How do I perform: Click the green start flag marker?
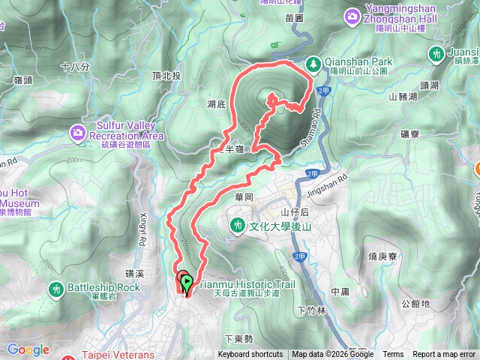pyautogui.click(x=186, y=283)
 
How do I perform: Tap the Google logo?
pyautogui.click(x=28, y=349)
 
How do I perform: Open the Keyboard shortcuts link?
pyautogui.click(x=250, y=355)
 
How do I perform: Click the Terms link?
pyautogui.click(x=392, y=355)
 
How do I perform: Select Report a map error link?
pyautogui.click(x=444, y=355)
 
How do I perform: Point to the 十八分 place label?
pyautogui.click(x=75, y=67)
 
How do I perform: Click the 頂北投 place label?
pyautogui.click(x=166, y=76)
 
